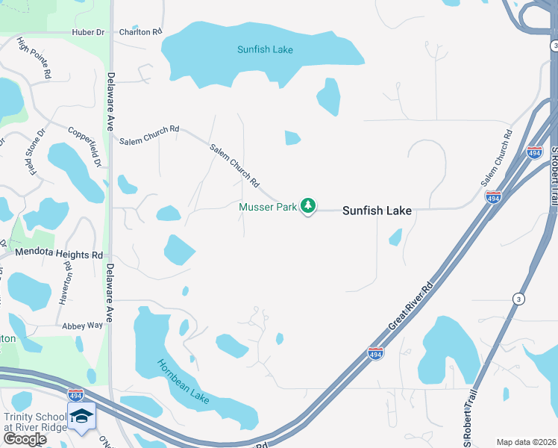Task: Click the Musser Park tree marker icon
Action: pos(308,206)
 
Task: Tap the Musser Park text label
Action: pos(268,207)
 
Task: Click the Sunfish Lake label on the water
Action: pos(265,50)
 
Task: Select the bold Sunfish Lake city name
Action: pos(377,211)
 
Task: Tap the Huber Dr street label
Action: pos(89,32)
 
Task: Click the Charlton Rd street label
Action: pos(140,32)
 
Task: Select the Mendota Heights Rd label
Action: pos(57,255)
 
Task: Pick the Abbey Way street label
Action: pos(83,326)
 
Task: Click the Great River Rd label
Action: pos(410,306)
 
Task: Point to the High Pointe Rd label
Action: pos(34,59)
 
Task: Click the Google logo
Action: pos(25,439)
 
